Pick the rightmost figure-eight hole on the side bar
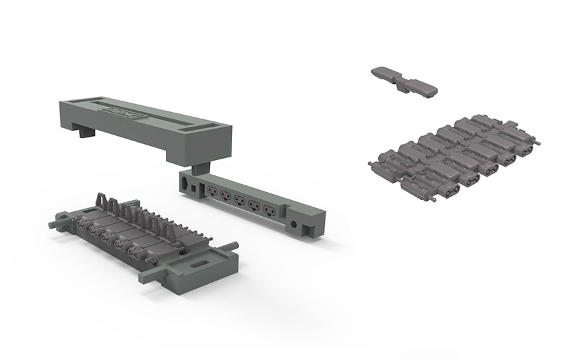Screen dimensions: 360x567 tap(269, 211)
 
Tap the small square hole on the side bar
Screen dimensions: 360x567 tap(194, 186)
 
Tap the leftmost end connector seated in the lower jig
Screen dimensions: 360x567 tap(85, 225)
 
